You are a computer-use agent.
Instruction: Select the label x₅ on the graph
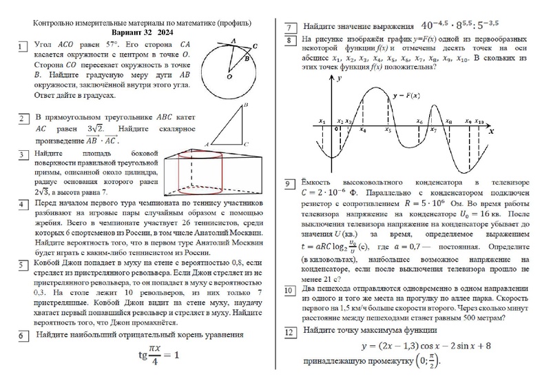pyautogui.click(x=388, y=129)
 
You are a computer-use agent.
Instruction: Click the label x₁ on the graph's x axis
pyautogui.click(x=322, y=121)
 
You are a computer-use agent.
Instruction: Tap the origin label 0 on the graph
pyautogui.click(x=335, y=129)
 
